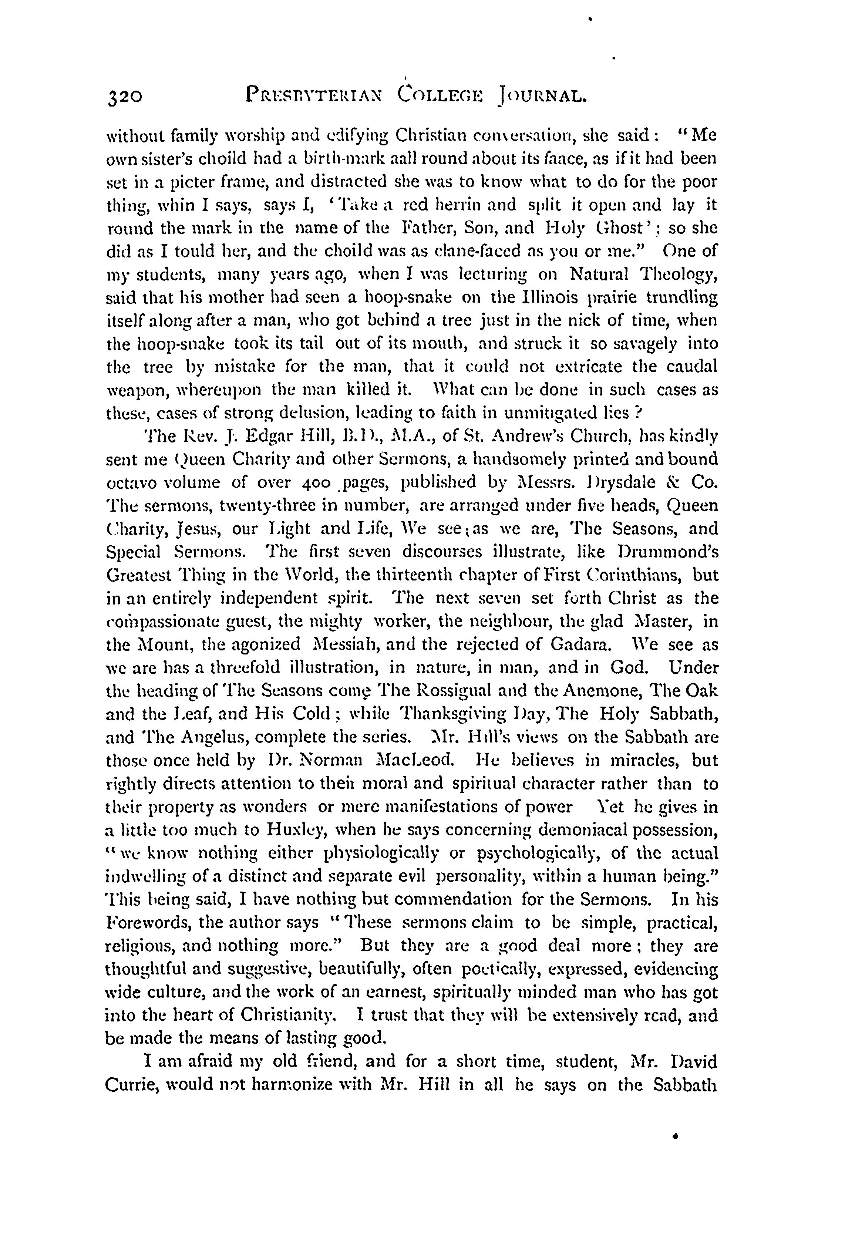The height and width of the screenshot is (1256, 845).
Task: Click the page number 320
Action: point(125,97)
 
